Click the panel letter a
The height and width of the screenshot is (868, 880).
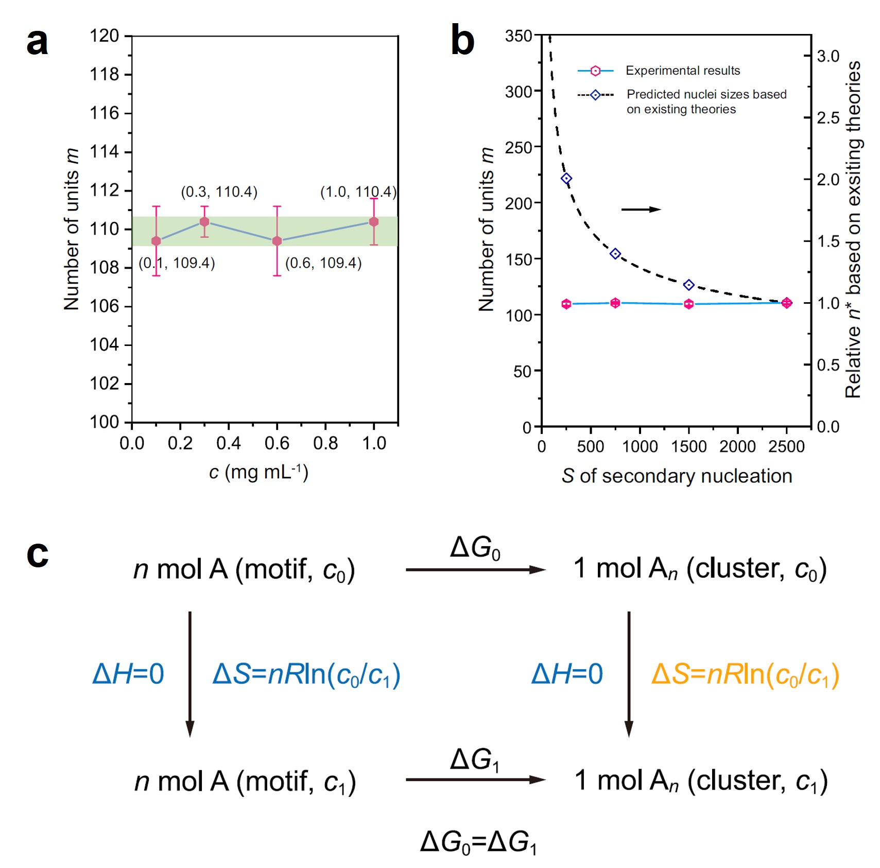click(37, 42)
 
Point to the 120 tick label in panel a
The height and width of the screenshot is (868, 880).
click(105, 36)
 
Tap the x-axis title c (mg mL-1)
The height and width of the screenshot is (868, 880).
click(258, 472)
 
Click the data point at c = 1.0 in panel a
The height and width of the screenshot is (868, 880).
click(374, 222)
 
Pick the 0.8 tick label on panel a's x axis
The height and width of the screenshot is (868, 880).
click(325, 443)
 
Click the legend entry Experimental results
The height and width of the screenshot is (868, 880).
click(682, 71)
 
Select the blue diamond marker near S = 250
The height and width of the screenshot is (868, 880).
click(566, 179)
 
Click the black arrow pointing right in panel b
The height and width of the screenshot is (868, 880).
click(641, 209)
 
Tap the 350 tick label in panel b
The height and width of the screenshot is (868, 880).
click(519, 36)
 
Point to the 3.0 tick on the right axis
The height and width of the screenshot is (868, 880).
click(829, 56)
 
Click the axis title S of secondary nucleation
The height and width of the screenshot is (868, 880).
click(677, 476)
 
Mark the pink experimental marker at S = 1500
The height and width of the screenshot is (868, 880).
click(689, 304)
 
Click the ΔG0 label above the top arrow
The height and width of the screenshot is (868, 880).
click(475, 548)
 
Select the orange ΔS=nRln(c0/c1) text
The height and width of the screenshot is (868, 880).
click(745, 674)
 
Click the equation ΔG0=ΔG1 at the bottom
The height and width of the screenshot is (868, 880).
click(478, 843)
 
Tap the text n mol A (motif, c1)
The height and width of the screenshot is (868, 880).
click(245, 782)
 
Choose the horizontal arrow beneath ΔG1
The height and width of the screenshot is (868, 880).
click(475, 779)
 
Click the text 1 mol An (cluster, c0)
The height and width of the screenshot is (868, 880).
click(700, 569)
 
